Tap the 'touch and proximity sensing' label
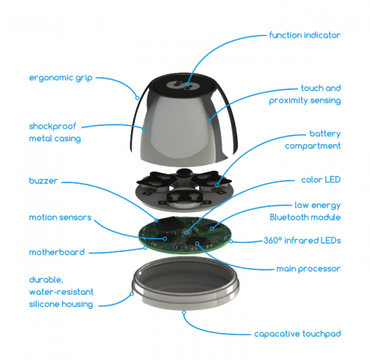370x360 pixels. click(x=310, y=94)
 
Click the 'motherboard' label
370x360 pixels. click(x=56, y=252)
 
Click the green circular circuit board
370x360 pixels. click(x=184, y=237)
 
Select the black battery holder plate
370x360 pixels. click(x=184, y=187)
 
